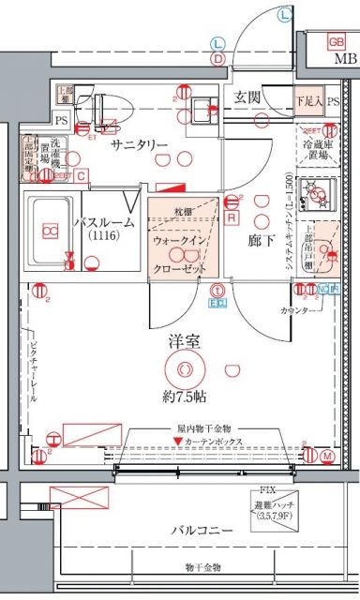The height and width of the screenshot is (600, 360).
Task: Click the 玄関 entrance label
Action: (x=247, y=97)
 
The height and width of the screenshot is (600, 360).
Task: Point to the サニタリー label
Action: (x=140, y=144)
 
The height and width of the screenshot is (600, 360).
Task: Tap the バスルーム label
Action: (x=103, y=223)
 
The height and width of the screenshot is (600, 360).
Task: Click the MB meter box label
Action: (x=345, y=62)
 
